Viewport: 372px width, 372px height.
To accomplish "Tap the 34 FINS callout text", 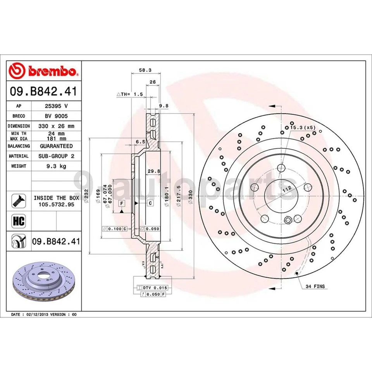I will [x=315, y=286].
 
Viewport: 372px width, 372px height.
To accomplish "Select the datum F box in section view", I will [x=121, y=203].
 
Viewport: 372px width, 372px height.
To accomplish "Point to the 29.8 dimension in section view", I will [x=154, y=171].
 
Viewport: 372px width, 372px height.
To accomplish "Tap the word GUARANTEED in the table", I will [x=56, y=146].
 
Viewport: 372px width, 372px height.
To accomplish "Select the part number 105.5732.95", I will [x=56, y=204].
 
